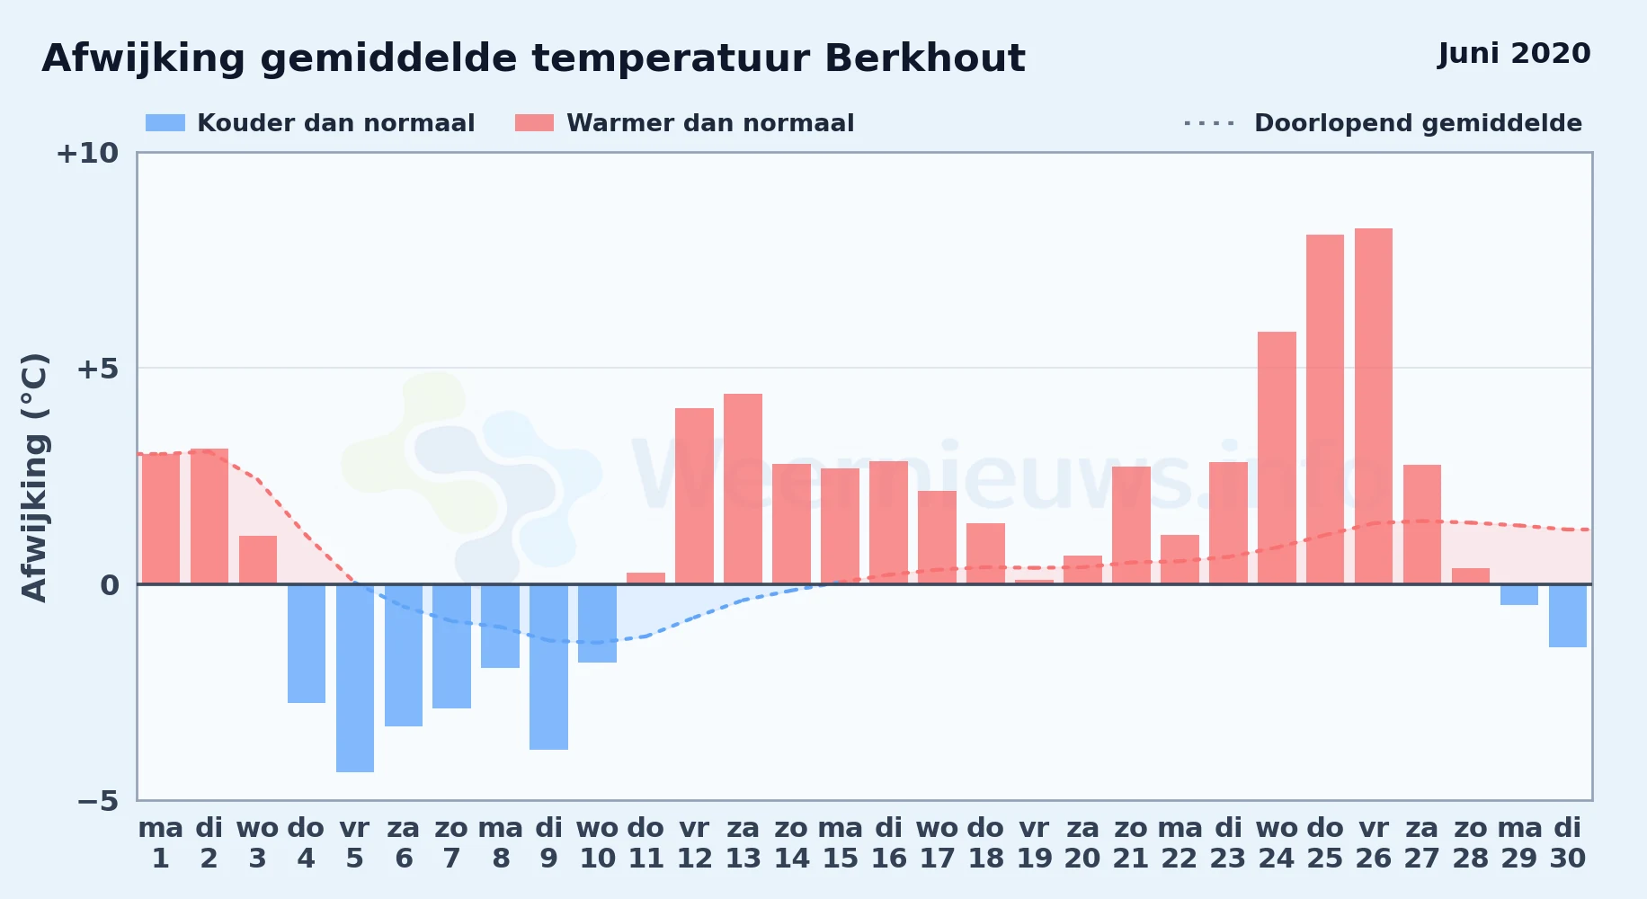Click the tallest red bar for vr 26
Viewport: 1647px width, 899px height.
pyautogui.click(x=1373, y=406)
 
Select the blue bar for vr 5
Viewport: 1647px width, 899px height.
pyautogui.click(x=355, y=678)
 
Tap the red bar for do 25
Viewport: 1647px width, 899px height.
pyautogui.click(x=1325, y=409)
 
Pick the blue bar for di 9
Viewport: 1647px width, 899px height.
pyautogui.click(x=548, y=667)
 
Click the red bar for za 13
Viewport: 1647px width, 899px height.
pyautogui.click(x=743, y=489)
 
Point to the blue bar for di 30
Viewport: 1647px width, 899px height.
pyautogui.click(x=1568, y=616)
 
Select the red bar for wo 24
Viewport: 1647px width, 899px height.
pyautogui.click(x=1277, y=458)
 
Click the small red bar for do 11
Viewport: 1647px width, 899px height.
pyautogui.click(x=645, y=578)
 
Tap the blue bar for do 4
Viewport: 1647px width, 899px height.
pyautogui.click(x=307, y=644)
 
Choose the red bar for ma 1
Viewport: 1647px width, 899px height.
pyautogui.click(x=161, y=519)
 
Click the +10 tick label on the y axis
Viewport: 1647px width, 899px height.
pyautogui.click(x=87, y=153)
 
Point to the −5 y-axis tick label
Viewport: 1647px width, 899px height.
pyautogui.click(x=97, y=800)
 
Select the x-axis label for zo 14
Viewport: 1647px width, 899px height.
pyautogui.click(x=791, y=842)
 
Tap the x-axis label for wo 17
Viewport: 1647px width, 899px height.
pyautogui.click(x=937, y=842)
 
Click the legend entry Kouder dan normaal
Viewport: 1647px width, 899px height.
pyautogui.click(x=310, y=123)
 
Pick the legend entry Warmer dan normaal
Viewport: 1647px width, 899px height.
pyautogui.click(x=684, y=123)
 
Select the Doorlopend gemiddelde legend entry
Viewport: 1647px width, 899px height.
pyautogui.click(x=1384, y=123)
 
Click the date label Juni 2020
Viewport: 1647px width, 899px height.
pyautogui.click(x=1514, y=54)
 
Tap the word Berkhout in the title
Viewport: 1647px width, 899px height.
pyautogui.click(x=924, y=58)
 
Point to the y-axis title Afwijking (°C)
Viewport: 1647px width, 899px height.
pyautogui.click(x=34, y=477)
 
